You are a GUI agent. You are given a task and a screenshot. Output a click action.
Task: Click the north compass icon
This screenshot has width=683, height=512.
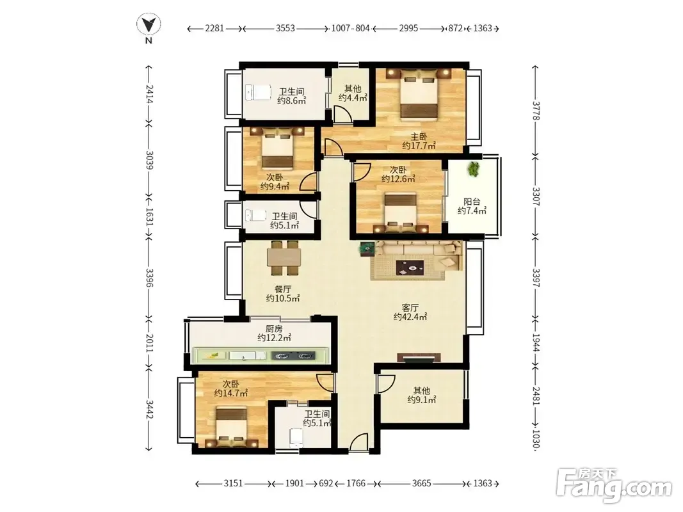[149, 26]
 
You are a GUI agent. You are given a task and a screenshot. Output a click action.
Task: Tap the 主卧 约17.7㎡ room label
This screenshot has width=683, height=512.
[419, 141]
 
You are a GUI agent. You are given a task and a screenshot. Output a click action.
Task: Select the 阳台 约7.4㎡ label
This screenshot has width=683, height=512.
[472, 206]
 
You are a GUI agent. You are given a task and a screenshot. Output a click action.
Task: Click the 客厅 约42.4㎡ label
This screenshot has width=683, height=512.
[410, 312]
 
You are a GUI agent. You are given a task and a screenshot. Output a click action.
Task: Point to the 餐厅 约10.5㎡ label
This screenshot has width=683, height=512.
[283, 294]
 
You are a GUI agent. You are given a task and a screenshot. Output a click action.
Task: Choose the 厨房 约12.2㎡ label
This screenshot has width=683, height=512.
[274, 333]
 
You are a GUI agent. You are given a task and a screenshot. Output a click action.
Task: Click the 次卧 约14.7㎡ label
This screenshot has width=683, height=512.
[231, 388]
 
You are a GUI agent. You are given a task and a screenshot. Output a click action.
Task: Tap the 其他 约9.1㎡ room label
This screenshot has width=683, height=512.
[422, 395]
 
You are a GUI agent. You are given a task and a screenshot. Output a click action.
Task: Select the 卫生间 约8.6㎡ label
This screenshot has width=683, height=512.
[291, 96]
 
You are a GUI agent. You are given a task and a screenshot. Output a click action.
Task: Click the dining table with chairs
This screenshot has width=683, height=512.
[284, 258]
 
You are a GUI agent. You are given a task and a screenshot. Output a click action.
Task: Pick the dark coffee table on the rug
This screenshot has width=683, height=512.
[410, 268]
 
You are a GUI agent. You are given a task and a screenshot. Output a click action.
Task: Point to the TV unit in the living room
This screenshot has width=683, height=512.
[419, 358]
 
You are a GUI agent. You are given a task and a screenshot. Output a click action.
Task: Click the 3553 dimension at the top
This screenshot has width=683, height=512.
[285, 28]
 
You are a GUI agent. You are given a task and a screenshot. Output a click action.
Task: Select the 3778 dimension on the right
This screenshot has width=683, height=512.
[536, 111]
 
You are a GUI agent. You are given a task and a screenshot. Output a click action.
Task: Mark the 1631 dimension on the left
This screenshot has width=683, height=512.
[149, 216]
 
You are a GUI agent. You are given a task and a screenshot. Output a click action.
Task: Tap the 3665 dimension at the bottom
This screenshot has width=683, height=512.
[421, 483]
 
